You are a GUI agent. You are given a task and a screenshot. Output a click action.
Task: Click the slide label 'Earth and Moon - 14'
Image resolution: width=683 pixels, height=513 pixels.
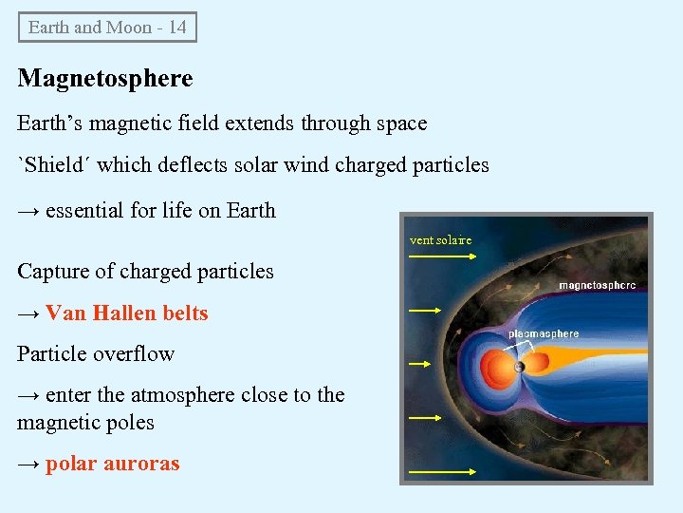107,27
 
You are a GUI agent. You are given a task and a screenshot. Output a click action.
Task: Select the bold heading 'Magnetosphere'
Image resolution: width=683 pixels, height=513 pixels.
105,78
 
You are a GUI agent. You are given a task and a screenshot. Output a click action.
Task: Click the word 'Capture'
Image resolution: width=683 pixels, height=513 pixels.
53,272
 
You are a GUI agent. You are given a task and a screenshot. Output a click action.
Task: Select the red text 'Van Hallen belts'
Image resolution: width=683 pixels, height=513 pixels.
126,313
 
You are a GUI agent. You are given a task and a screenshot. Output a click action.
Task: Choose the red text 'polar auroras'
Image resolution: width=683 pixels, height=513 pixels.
112,465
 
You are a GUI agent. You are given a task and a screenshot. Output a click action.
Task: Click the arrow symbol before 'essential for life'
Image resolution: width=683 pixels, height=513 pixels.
28,211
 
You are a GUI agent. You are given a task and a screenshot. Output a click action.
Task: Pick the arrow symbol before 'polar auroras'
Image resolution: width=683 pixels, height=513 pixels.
28,465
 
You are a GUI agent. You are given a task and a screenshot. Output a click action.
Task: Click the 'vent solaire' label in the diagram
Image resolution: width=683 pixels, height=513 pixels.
440,240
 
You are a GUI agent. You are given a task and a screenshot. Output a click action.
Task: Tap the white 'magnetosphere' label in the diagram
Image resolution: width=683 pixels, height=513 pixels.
597,285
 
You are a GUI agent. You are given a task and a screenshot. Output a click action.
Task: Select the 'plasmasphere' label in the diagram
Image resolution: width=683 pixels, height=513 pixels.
544,333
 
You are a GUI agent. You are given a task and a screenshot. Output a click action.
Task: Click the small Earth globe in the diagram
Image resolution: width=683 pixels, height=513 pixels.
519,367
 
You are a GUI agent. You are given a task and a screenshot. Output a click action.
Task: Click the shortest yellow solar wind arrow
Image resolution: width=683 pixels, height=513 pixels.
419,363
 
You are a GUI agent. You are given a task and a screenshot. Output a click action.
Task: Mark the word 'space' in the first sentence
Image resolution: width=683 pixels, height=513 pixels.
401,123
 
